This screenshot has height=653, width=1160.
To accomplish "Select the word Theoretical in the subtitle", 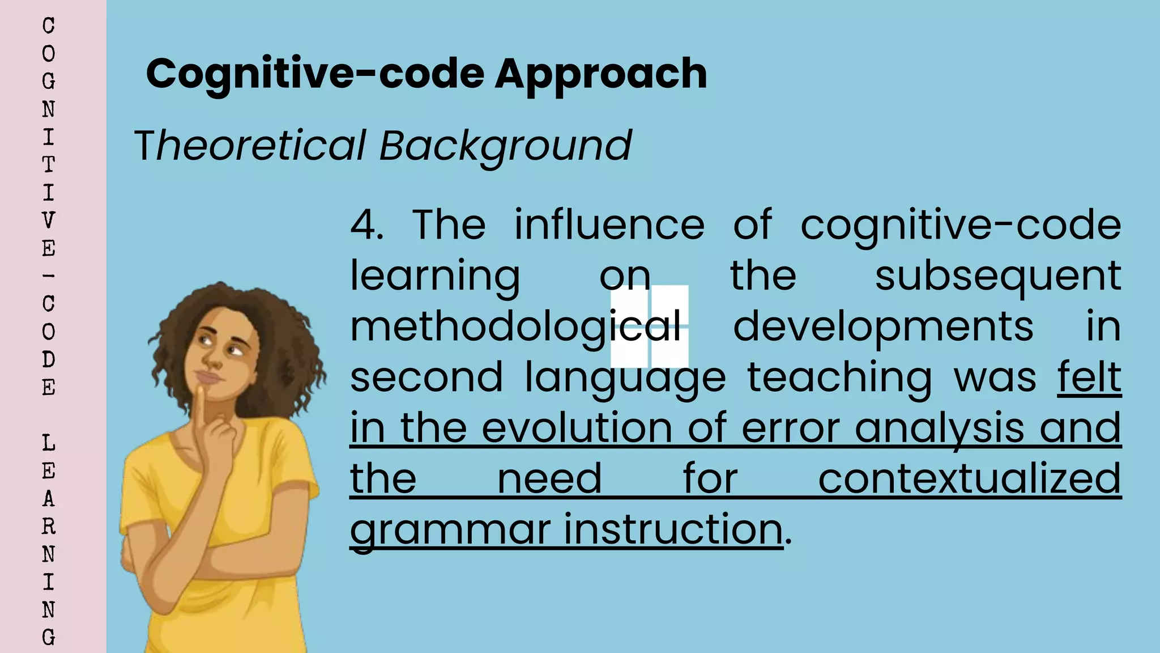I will tap(250, 146).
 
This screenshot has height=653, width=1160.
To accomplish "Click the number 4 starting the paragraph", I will tap(365, 225).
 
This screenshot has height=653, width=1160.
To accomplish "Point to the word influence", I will tap(609, 225).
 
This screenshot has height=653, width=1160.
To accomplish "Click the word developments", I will tap(883, 327).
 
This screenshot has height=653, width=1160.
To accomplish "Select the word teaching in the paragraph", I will tap(839, 378).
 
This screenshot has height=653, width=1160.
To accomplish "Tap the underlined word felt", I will tap(1089, 377).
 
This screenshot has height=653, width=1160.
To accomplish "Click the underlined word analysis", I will tap(939, 429).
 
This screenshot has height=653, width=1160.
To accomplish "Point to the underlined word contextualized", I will tap(969, 479).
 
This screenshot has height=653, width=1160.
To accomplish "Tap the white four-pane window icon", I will tap(650, 326).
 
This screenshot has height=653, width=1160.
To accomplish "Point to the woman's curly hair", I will tap(266, 317).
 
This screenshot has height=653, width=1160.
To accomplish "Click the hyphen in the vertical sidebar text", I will tap(49, 276).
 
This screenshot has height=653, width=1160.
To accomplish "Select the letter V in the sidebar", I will tap(49, 220).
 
